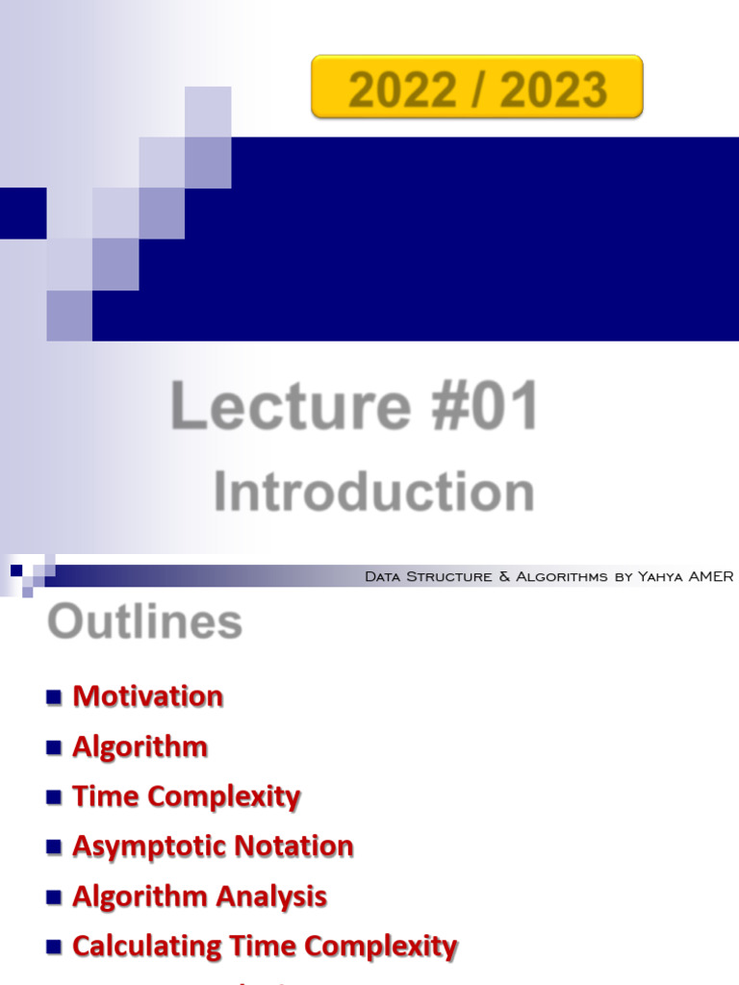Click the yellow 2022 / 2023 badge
click(477, 87)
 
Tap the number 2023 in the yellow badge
click(553, 90)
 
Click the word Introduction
click(373, 492)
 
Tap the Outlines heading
click(144, 621)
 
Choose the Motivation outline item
click(148, 696)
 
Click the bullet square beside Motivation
click(54, 696)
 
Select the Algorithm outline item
click(140, 746)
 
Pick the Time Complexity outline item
click(187, 796)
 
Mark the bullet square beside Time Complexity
click(54, 796)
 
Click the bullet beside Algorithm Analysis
click(54, 897)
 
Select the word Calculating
click(148, 947)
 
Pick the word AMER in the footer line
click(711, 577)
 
